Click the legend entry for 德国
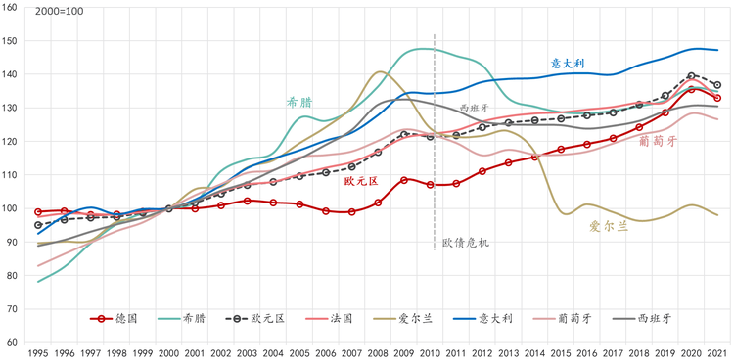coord(114,319)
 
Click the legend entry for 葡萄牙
coord(562,319)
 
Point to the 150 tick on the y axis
coord(10,41)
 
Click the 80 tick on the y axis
coord(12,276)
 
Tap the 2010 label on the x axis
coord(430,352)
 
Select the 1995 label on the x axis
coord(38,352)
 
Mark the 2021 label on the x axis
coord(717,352)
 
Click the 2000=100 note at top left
coord(60,12)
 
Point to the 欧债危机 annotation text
coord(466,243)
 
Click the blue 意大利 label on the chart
coord(568,64)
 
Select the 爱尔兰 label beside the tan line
coord(609,227)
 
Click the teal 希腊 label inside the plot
coord(299,103)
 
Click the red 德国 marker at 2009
coord(404,180)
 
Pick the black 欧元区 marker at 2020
coord(691,76)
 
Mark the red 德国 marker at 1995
coord(38,212)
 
